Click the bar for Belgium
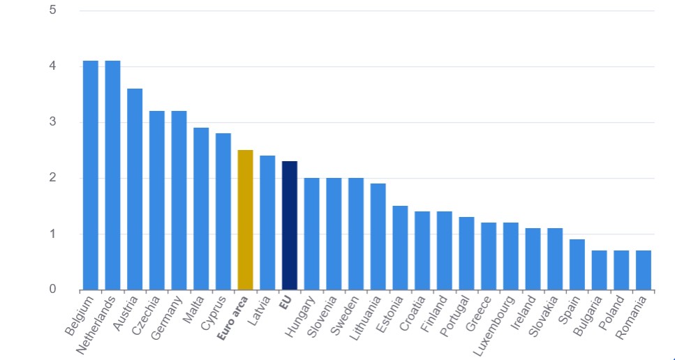coord(91,174)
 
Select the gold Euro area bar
coord(245,219)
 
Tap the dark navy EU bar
coord(290,225)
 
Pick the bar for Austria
coord(135,188)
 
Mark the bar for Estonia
coord(400,247)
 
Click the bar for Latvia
coord(267,222)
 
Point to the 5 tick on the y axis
coord(52,10)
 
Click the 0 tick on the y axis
coord(52,289)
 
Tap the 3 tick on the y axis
coord(52,122)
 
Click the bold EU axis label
coord(286,301)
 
